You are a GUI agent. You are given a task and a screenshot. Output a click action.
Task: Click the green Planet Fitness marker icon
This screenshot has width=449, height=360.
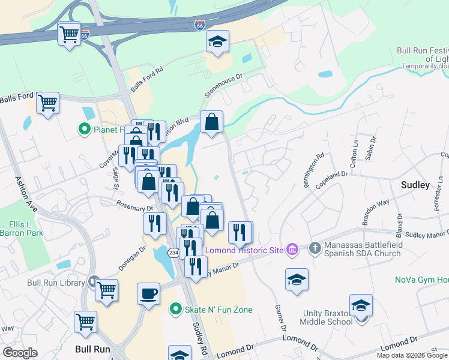(x=85, y=128)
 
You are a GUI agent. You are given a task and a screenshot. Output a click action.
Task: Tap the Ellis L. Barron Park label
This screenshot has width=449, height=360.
(x=22, y=229)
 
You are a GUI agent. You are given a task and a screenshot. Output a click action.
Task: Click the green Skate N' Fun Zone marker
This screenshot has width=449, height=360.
(x=175, y=310)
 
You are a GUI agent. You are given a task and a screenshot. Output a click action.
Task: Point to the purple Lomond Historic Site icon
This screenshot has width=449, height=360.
(x=292, y=249)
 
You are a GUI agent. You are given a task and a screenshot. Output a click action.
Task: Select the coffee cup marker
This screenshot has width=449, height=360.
(x=148, y=294)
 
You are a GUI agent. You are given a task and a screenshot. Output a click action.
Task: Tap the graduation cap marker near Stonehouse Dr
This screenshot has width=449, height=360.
(x=217, y=42)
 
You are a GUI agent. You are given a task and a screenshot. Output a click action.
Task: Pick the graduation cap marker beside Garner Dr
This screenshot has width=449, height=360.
(x=297, y=280)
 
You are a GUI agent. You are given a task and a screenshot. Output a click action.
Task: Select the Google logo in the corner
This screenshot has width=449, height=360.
(x=20, y=353)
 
